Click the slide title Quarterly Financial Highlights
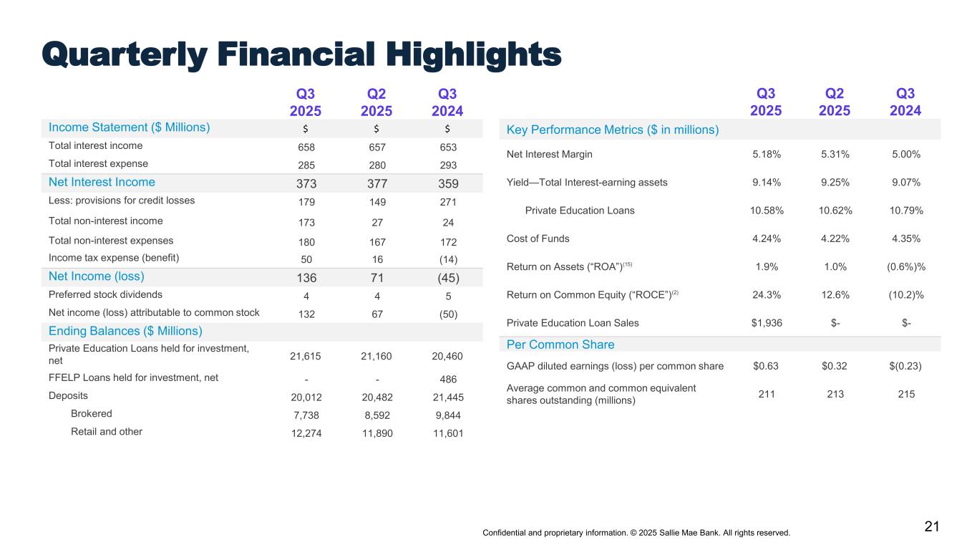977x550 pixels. click(301, 54)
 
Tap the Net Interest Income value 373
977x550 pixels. click(306, 183)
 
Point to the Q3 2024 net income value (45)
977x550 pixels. click(448, 276)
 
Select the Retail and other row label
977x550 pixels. click(106, 431)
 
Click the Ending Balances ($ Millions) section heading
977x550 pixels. click(125, 331)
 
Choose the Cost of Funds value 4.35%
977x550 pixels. click(906, 238)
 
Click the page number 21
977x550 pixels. click(931, 527)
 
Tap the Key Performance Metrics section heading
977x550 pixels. click(612, 130)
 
